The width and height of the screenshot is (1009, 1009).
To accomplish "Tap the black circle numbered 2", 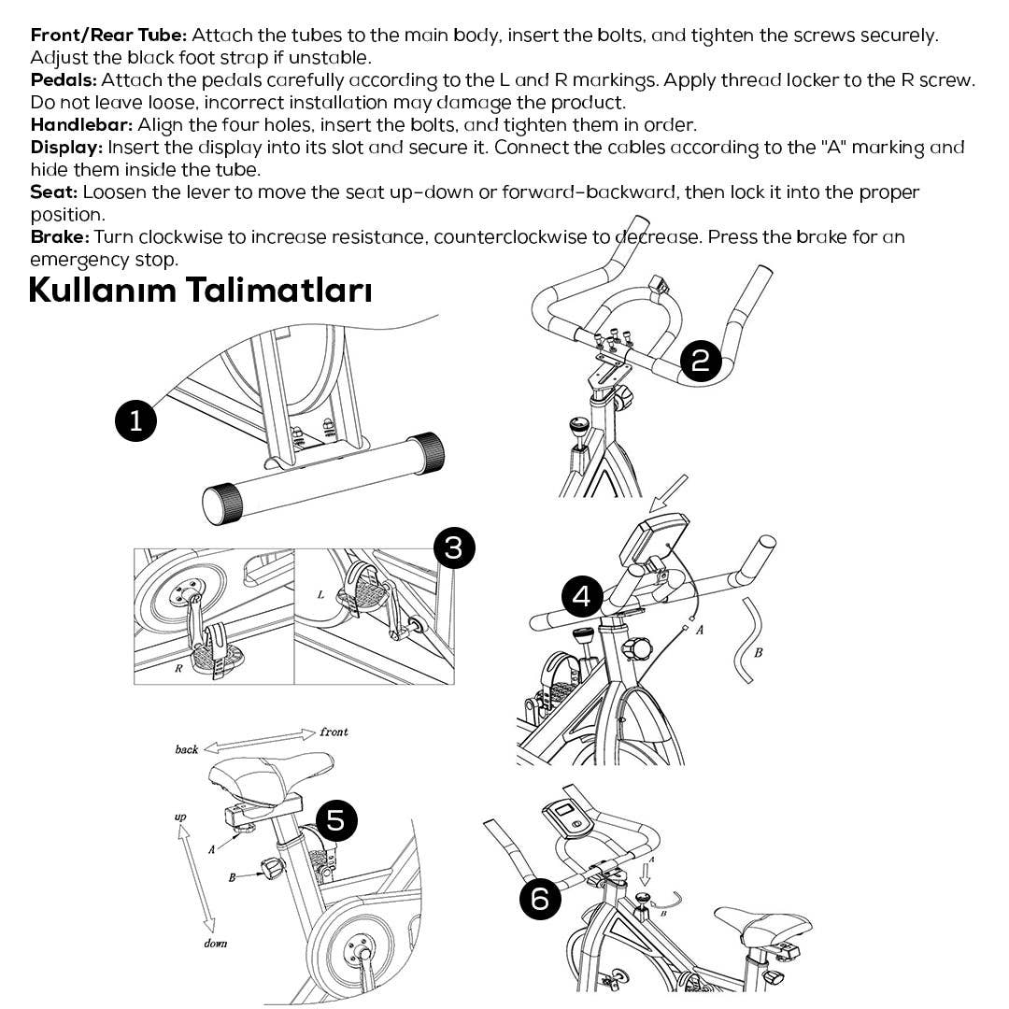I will [x=701, y=361].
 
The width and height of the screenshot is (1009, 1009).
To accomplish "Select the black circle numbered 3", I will [x=454, y=547].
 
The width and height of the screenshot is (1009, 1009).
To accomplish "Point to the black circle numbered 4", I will [x=582, y=595].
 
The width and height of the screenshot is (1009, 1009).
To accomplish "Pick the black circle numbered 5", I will [x=336, y=820].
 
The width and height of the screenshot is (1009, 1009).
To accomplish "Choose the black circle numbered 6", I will [x=540, y=899].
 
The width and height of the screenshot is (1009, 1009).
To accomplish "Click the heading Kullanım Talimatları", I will [x=200, y=290].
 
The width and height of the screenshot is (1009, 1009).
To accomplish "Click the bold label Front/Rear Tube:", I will [x=109, y=36].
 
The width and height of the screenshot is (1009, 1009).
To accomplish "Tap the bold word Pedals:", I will [x=64, y=80].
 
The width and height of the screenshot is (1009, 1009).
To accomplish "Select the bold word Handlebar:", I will [x=81, y=125].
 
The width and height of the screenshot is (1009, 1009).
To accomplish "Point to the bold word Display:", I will [x=67, y=148].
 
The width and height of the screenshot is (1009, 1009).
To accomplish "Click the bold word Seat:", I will [x=54, y=192].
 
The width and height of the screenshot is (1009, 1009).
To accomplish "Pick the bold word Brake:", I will [x=60, y=237].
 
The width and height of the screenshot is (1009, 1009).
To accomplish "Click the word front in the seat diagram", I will [x=334, y=732].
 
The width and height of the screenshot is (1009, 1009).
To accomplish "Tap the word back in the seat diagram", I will [x=187, y=749].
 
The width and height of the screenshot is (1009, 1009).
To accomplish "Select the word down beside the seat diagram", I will [x=215, y=944].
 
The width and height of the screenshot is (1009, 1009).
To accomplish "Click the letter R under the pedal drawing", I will [x=178, y=669].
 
